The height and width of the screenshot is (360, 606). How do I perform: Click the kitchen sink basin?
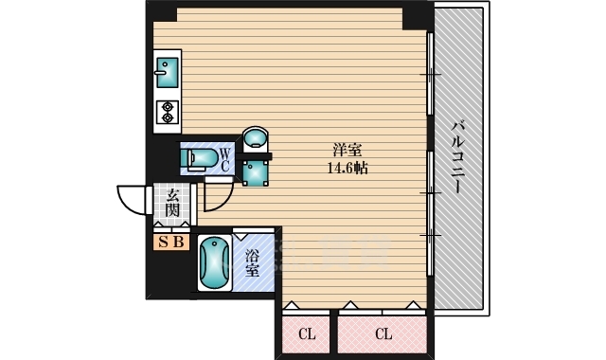pos(168,72)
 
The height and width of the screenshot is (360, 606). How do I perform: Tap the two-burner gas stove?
pos(168,112)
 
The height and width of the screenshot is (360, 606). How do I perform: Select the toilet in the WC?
pos(200,159)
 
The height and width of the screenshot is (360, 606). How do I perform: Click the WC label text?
pos(225,159)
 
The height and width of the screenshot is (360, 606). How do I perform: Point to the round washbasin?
pos(256,138)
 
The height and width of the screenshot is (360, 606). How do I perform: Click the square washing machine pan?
pos(256,172)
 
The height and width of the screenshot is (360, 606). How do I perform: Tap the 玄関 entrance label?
pos(172,204)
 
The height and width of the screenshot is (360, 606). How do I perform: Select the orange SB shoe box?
pos(171,243)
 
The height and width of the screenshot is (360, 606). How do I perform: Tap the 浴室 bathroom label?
pos(253,263)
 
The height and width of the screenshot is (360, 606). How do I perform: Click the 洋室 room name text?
pos(348,150)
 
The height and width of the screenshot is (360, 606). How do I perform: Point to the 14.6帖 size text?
pos(348,168)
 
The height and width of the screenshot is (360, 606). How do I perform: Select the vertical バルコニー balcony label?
pos(458,157)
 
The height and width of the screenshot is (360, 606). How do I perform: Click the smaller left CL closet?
pos(306,334)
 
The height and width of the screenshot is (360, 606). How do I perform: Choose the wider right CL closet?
pos(383,334)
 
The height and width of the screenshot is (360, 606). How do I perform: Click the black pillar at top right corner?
pos(415,16)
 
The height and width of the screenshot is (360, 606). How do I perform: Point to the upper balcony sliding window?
pos(429,74)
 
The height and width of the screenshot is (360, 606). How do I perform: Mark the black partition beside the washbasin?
pos(254,156)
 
